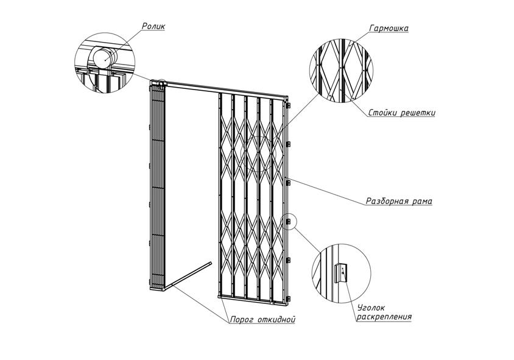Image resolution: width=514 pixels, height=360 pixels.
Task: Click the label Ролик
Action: (x=153, y=26)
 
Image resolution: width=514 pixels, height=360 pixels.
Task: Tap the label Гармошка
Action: (x=389, y=28)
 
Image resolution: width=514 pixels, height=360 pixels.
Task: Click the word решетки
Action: (x=418, y=113)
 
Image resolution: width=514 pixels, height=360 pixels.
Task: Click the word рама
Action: (x=422, y=200)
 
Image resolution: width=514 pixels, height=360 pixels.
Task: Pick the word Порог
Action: (x=242, y=319)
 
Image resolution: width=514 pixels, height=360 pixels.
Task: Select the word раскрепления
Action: (x=384, y=317)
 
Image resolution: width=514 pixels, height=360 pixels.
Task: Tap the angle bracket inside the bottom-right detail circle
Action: (x=342, y=271)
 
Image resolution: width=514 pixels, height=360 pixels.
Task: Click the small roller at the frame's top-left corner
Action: (x=161, y=82)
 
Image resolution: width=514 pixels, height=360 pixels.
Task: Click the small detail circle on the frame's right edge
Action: (x=289, y=221)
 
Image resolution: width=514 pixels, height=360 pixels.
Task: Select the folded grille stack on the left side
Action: (x=157, y=189)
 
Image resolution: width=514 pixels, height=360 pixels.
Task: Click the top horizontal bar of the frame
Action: (x=225, y=90)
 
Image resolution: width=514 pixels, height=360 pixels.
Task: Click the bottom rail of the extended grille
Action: (x=253, y=298)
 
